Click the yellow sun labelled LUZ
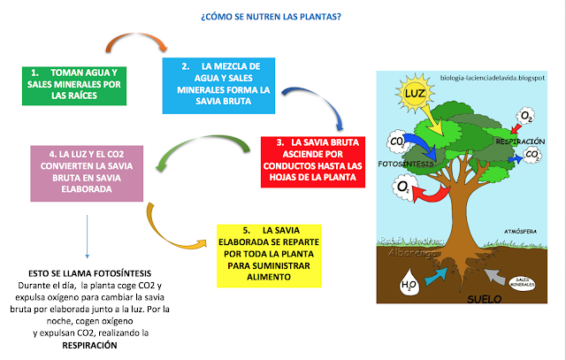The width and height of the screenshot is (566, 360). click(x=416, y=95)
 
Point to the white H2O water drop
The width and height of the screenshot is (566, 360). click(x=409, y=285)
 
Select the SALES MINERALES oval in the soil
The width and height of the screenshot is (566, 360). click(x=520, y=282)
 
